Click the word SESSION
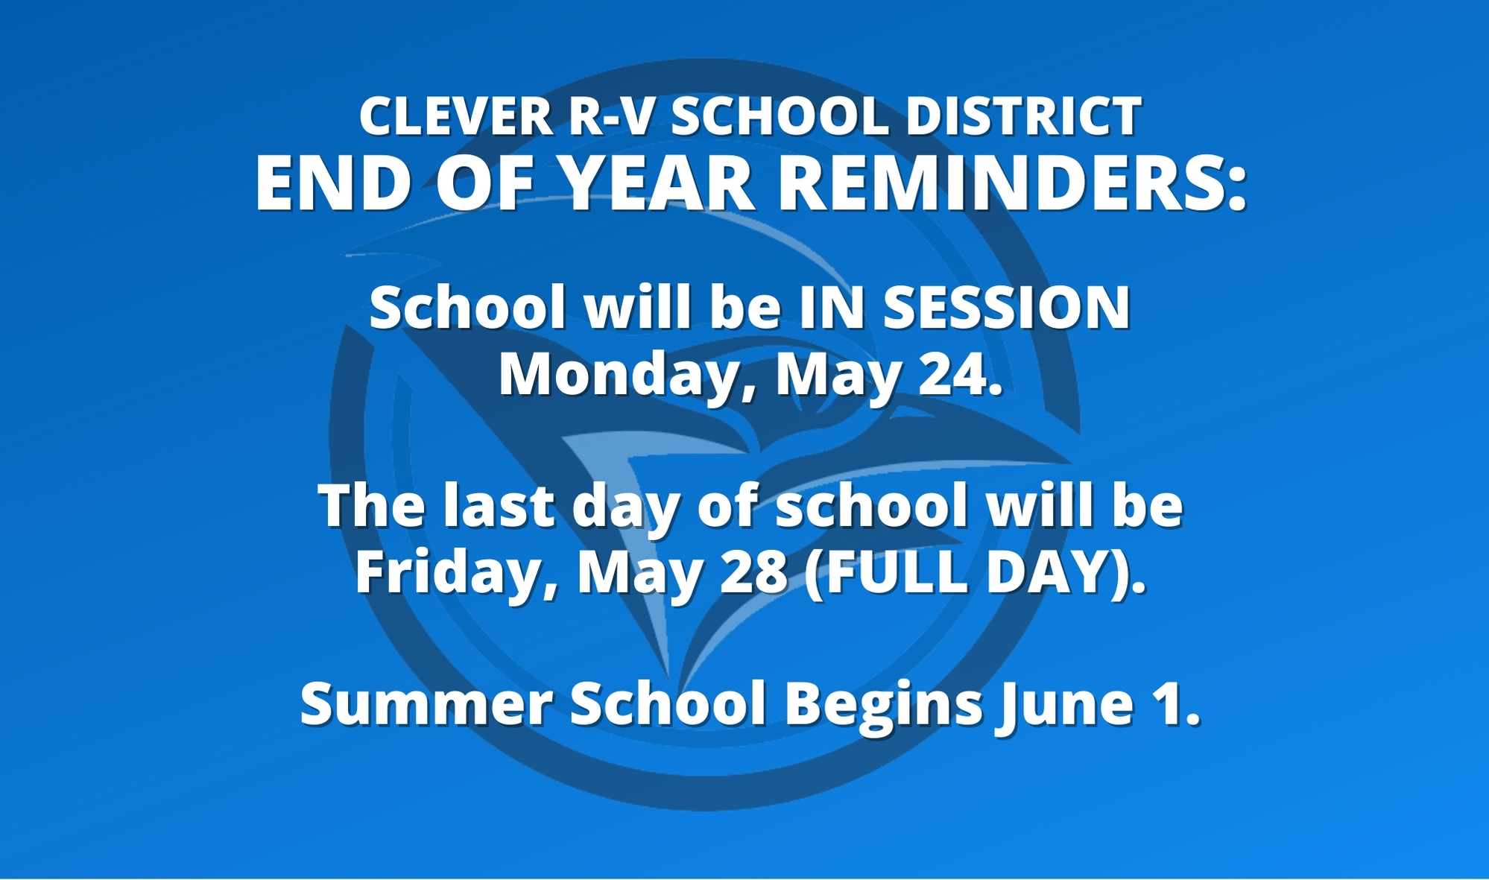tap(1006, 308)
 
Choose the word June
tap(1061, 703)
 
